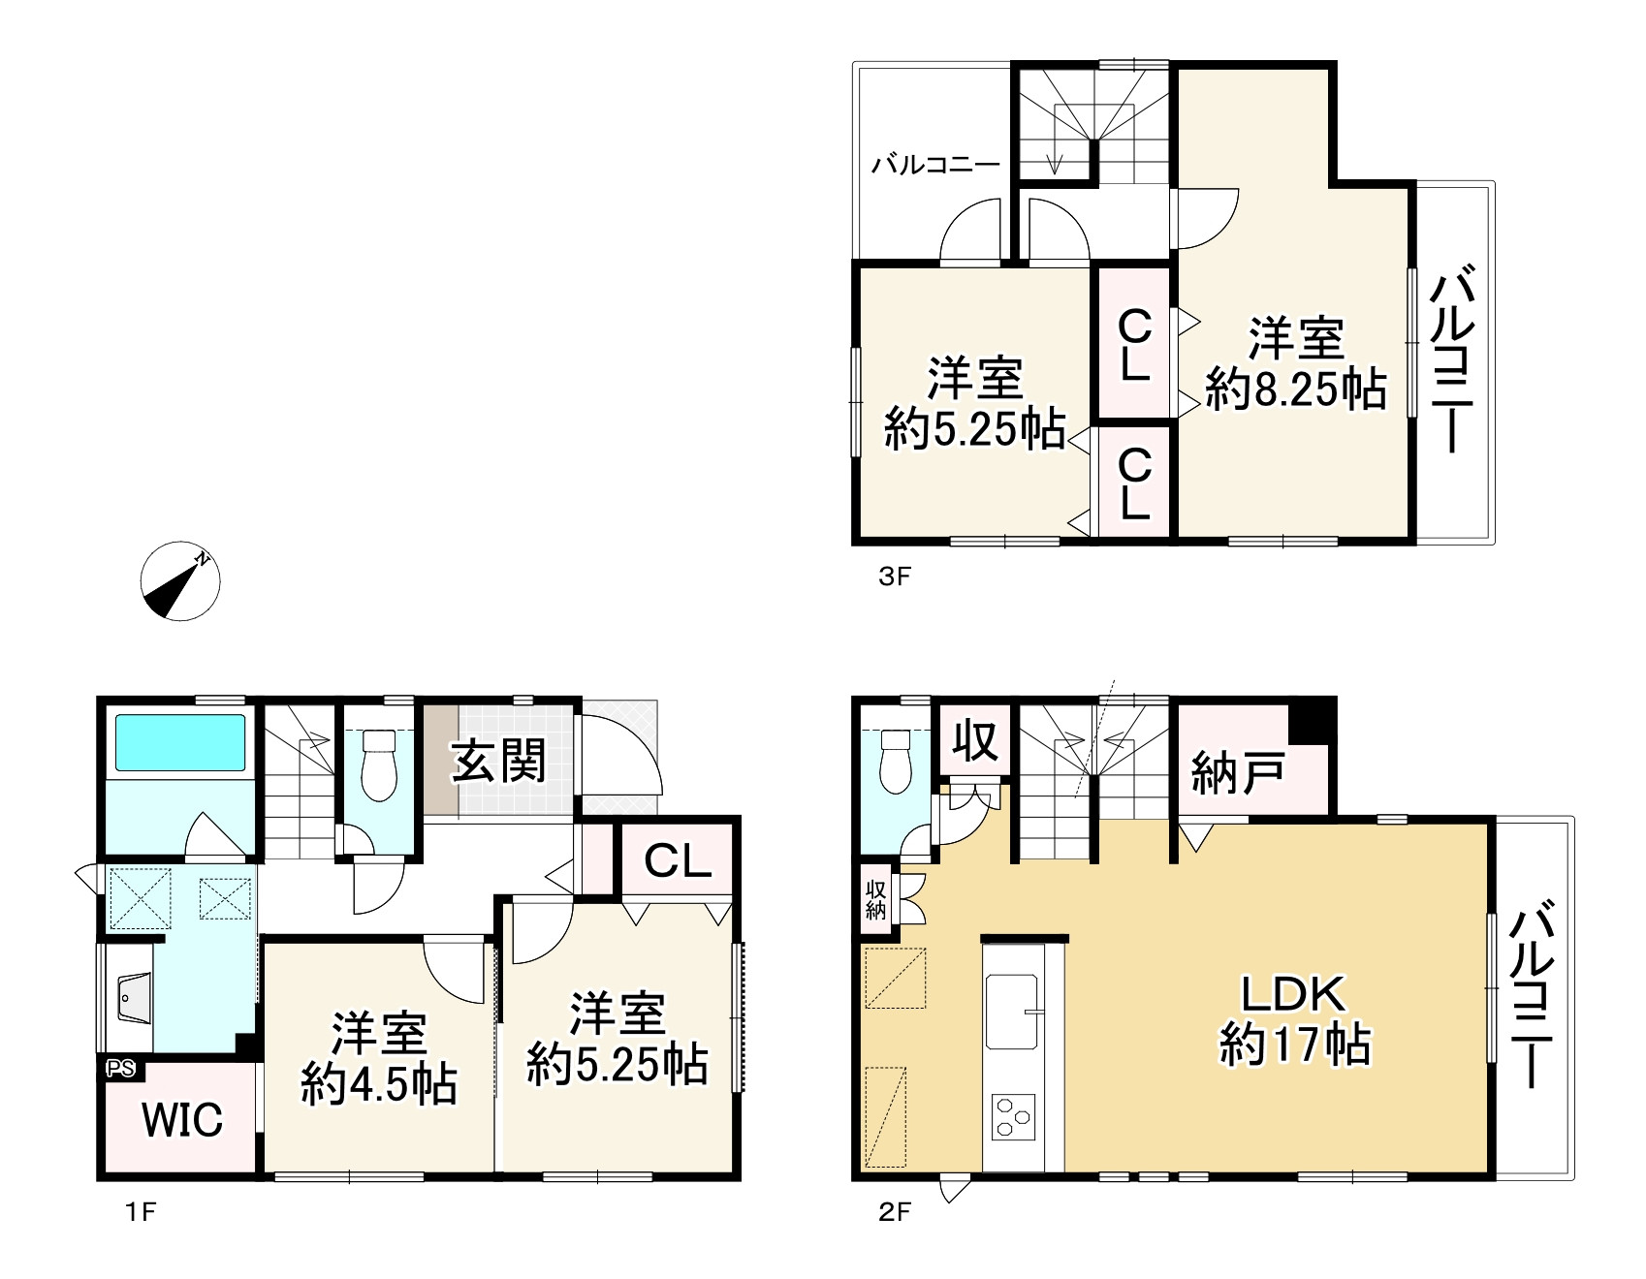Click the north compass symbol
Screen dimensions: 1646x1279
180,581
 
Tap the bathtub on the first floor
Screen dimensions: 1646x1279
180,742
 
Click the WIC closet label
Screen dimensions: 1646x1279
182,1120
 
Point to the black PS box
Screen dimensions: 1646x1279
122,1070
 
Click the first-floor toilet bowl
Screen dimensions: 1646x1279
378,765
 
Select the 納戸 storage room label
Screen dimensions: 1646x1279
1238,773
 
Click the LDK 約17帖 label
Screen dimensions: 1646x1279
1293,1021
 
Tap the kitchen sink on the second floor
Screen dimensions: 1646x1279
1012,1012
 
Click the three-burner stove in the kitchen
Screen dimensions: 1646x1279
1012,1117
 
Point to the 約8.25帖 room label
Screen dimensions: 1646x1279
1295,390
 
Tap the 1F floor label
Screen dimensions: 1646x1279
141,1212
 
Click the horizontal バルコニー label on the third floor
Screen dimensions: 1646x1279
935,164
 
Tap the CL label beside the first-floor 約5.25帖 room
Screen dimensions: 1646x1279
679,858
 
